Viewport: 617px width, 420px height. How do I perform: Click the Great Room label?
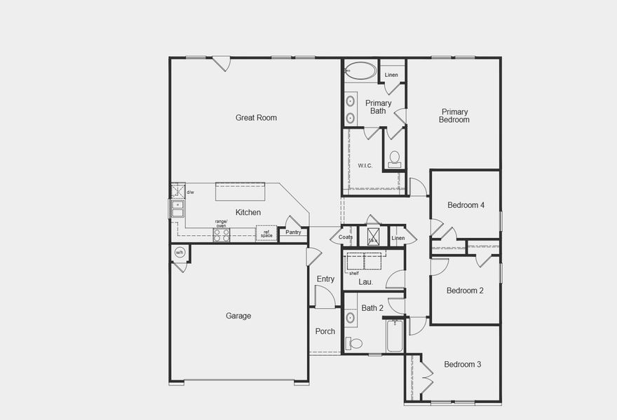256,118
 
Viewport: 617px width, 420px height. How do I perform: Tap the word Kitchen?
248,212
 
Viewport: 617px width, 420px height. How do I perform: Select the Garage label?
238,316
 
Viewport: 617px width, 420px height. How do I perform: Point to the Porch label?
325,331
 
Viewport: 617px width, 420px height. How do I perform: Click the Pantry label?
293,232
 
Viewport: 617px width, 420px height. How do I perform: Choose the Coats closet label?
346,237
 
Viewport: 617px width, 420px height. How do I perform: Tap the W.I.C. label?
365,165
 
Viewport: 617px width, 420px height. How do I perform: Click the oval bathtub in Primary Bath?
360,71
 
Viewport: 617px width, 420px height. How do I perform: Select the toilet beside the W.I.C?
395,158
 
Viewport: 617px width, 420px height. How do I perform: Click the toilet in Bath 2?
355,343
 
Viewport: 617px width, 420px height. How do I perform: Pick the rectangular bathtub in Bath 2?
394,336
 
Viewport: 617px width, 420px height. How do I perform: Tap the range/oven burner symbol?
222,235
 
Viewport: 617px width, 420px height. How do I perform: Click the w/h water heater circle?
179,253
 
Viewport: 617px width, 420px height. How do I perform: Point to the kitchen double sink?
177,209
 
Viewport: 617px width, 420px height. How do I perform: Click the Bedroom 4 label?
466,205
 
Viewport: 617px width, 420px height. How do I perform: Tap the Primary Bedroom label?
454,115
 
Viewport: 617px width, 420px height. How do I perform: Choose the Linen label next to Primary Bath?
391,75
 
